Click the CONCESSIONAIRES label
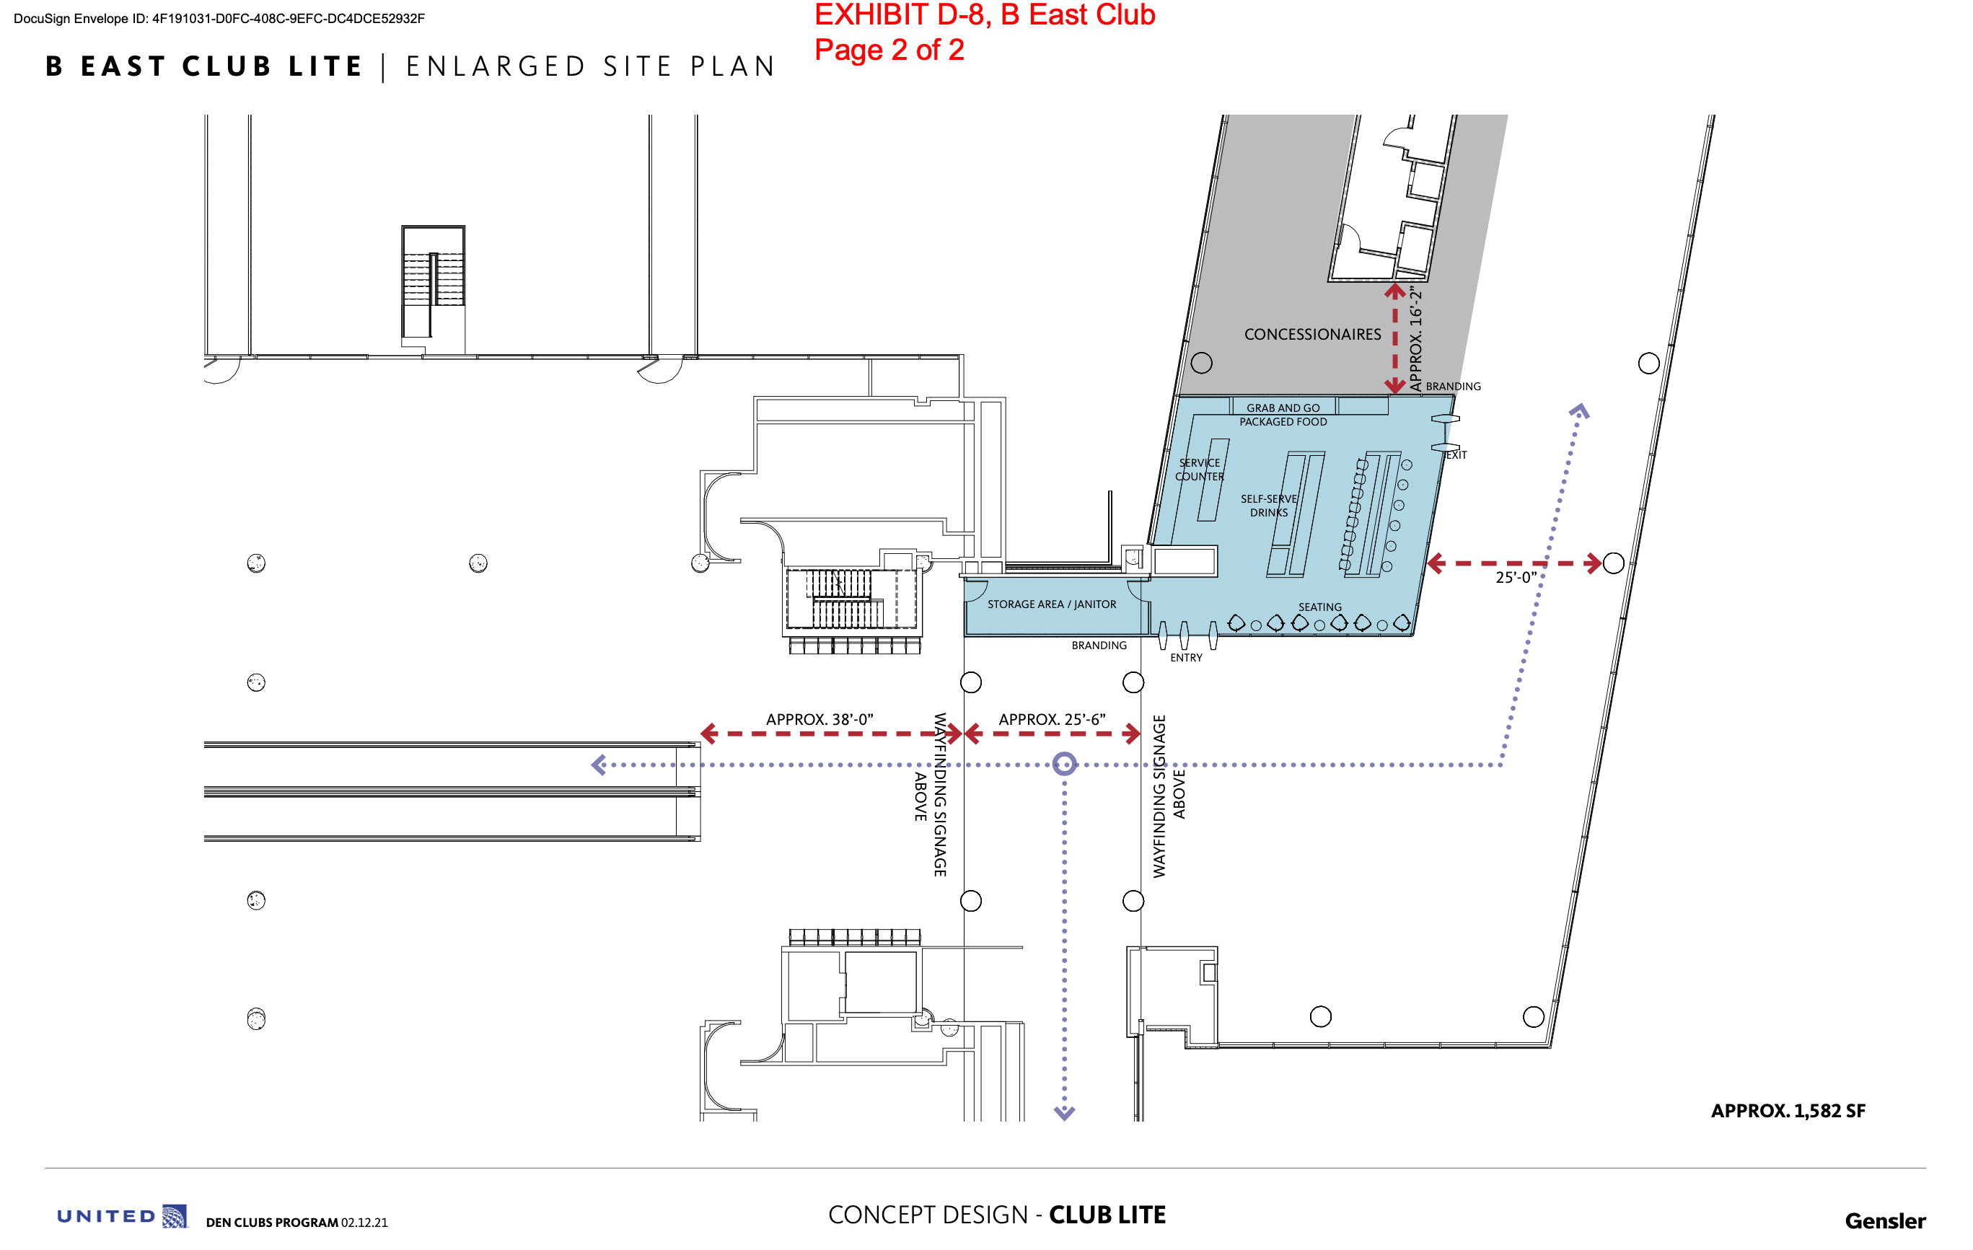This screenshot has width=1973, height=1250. [x=1311, y=334]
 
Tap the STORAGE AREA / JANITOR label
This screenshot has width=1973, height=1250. [x=1051, y=604]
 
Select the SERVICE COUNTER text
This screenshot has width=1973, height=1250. [x=1200, y=470]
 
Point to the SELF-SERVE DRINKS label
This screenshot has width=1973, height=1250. [x=1268, y=506]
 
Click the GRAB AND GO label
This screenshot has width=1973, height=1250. [x=1283, y=408]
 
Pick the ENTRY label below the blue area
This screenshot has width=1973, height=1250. [x=1185, y=658]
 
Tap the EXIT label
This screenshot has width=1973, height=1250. [x=1456, y=454]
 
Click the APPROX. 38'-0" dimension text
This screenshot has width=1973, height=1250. [x=819, y=719]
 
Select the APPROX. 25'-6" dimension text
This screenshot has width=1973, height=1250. [x=1052, y=719]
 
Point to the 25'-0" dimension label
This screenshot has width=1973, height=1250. [x=1516, y=578]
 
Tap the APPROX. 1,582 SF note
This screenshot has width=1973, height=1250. [x=1788, y=1111]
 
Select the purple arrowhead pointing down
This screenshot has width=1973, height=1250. [x=1064, y=1113]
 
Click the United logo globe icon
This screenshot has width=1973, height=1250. [x=175, y=1216]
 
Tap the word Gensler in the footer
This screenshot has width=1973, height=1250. [x=1884, y=1221]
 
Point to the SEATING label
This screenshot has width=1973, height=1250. [x=1320, y=607]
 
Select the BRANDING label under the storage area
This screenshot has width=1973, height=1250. [x=1099, y=646]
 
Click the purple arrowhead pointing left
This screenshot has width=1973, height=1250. [x=599, y=765]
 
